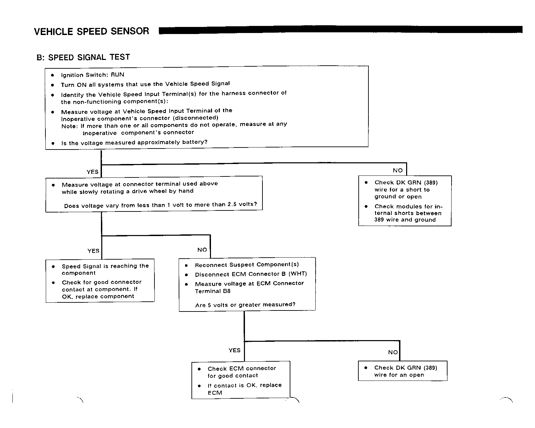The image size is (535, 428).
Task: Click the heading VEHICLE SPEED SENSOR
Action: pos(92,31)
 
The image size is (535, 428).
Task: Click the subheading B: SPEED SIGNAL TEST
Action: pos(83,57)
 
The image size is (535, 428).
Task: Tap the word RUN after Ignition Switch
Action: pos(117,75)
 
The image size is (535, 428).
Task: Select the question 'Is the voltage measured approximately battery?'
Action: pos(134,142)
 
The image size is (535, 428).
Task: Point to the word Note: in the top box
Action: pos(70,126)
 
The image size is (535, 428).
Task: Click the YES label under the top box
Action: pos(93,172)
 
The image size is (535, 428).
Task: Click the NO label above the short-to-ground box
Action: pos(398,170)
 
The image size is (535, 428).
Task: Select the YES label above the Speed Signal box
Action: pos(93,251)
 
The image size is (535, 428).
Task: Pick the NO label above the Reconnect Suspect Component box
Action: pos(202,250)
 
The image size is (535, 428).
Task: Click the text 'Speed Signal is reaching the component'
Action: pos(105,269)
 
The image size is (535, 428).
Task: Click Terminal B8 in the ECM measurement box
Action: pos(213,291)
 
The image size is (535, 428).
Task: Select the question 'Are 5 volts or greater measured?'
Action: pos(245,305)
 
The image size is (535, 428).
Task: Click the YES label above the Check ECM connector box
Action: pos(235,350)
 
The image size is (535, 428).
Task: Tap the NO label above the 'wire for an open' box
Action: pos(393,352)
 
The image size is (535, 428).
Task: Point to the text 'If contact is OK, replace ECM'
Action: pos(245,389)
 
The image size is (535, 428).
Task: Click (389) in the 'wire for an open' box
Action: pos(430,368)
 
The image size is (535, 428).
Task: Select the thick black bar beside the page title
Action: pos(341,30)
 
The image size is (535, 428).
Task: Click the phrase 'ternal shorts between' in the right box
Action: pos(408,213)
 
